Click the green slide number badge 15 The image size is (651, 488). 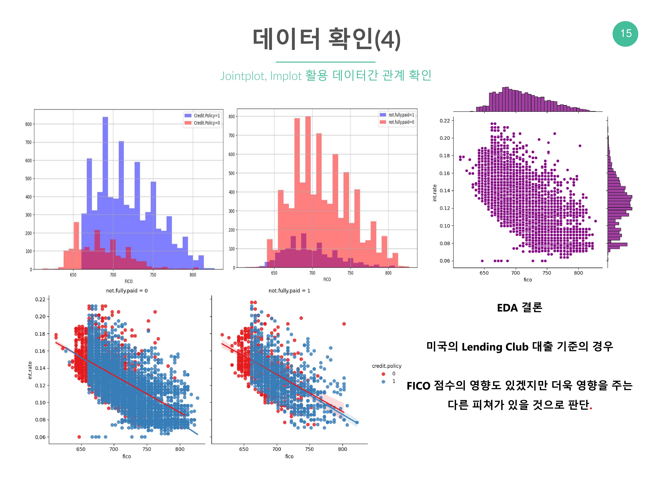click(625, 34)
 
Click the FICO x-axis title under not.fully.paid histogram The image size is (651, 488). click(327, 279)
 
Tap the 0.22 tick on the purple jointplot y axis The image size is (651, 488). click(444, 121)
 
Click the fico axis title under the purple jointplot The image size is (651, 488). click(527, 280)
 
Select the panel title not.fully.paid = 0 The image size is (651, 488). click(127, 291)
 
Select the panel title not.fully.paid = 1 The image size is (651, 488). click(289, 291)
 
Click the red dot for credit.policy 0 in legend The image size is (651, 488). click(383, 374)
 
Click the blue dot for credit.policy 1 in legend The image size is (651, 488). click(383, 381)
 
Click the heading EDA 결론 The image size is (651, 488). click(519, 308)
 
